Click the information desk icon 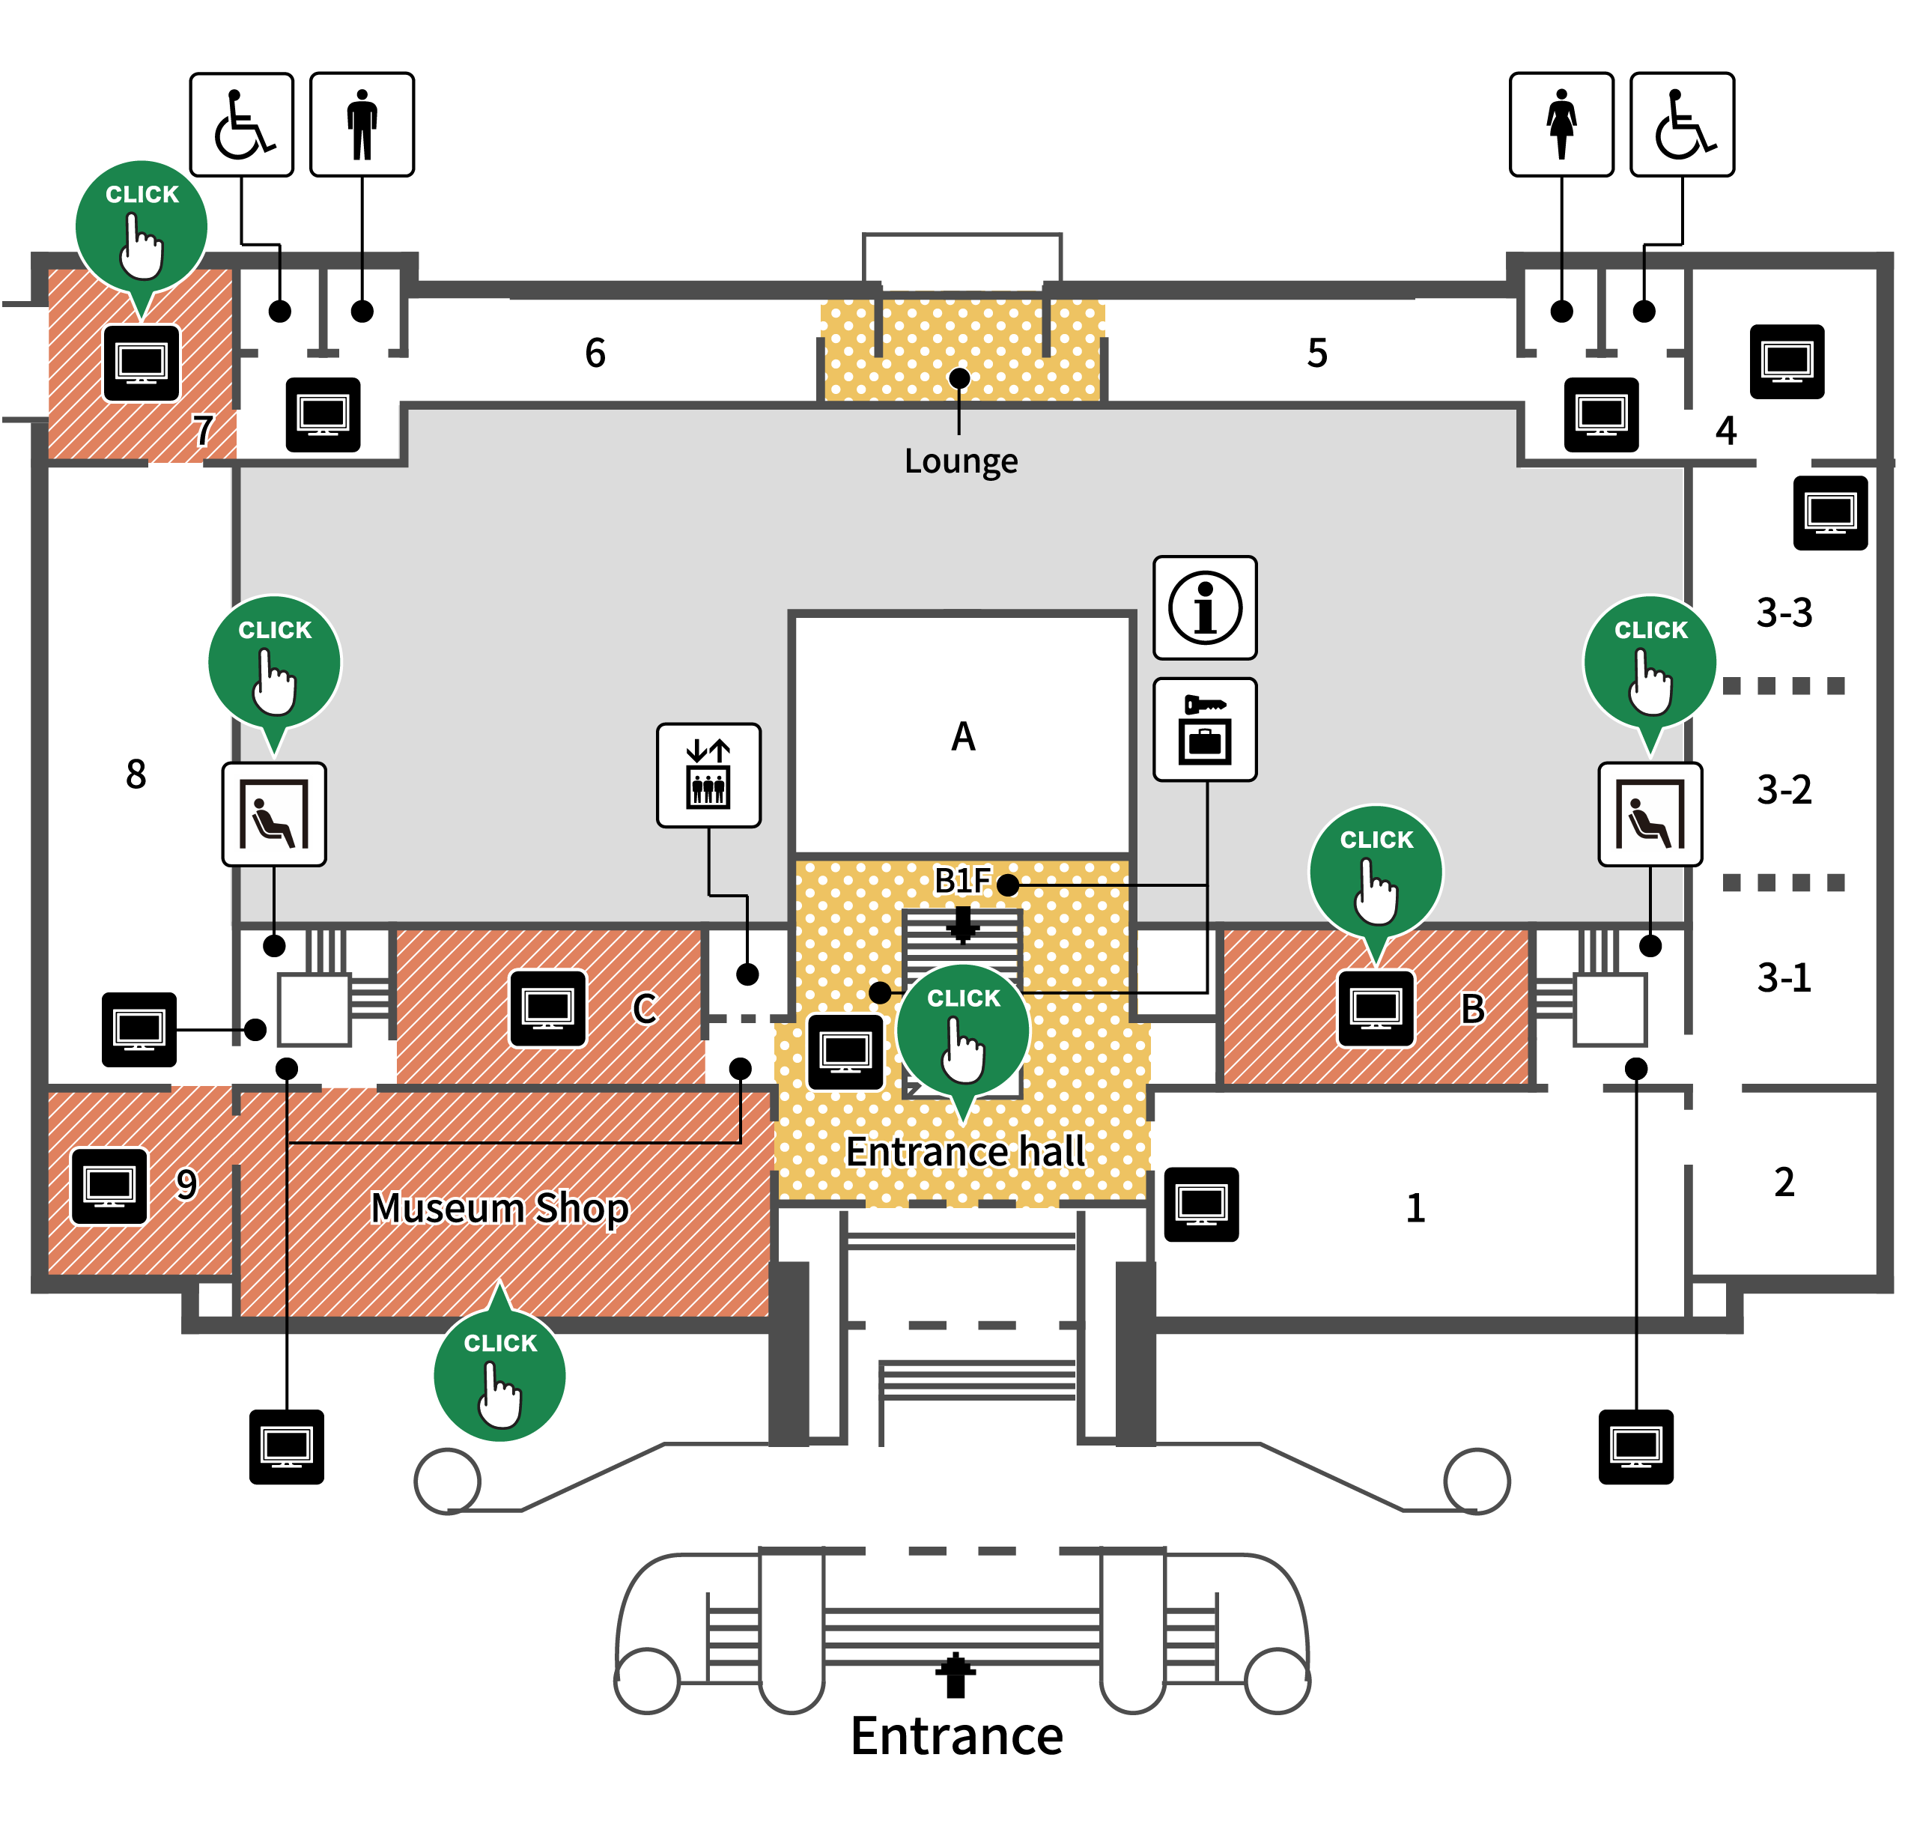click(1205, 608)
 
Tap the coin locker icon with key click(1205, 730)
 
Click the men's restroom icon click(362, 124)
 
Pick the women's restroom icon click(1561, 124)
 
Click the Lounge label click(961, 461)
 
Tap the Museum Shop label click(499, 1209)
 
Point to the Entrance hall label click(965, 1151)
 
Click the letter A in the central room click(964, 736)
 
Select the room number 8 click(136, 774)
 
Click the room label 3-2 click(1784, 789)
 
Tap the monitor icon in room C click(547, 1008)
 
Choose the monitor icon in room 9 click(109, 1186)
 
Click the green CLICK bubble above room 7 click(142, 226)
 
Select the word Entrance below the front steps click(956, 1736)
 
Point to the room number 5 click(1317, 353)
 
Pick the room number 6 click(595, 353)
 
